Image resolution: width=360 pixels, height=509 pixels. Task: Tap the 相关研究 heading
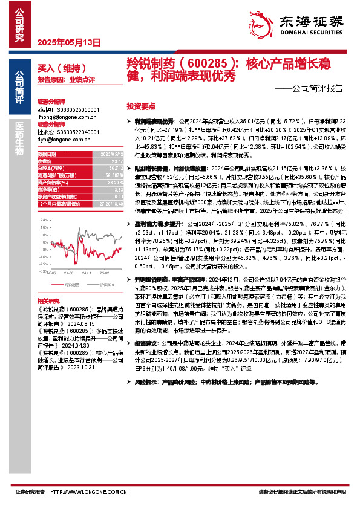pos(48,300)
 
